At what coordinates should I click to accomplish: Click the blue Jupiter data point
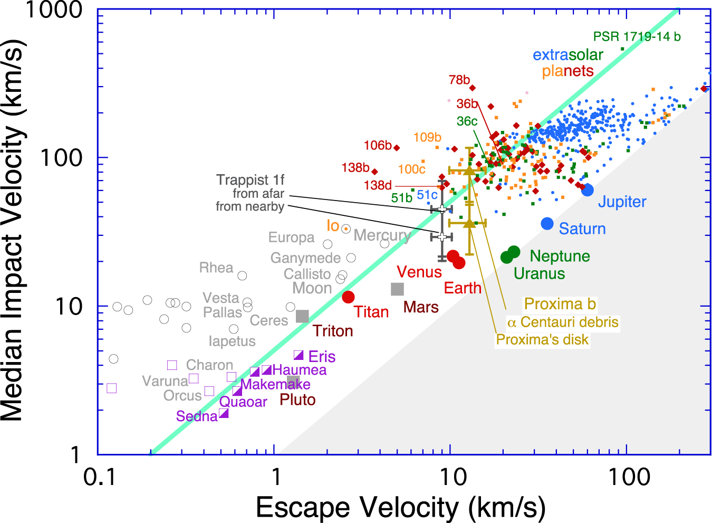coord(587,190)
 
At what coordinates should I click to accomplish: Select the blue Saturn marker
coord(547,224)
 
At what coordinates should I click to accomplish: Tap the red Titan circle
coord(348,297)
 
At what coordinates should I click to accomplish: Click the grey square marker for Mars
coord(397,289)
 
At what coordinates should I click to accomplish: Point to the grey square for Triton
coord(302,316)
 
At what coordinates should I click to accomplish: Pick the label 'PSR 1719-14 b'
coord(637,37)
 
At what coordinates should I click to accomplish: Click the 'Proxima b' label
coord(560,304)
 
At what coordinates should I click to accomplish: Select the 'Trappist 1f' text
coord(250,180)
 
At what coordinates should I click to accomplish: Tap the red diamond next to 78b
coord(473,88)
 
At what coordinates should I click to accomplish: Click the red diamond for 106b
coord(397,148)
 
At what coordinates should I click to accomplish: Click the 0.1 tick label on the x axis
coord(99,477)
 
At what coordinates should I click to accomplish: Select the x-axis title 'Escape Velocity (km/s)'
coord(400,508)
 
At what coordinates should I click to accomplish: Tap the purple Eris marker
coord(299,355)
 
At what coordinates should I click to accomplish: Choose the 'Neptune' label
coord(560,256)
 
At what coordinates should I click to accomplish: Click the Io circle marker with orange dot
coord(346,229)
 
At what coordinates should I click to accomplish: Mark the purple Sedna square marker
coord(224,413)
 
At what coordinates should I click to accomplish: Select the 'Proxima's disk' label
coord(542,339)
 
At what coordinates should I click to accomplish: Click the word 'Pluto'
coord(297,400)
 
